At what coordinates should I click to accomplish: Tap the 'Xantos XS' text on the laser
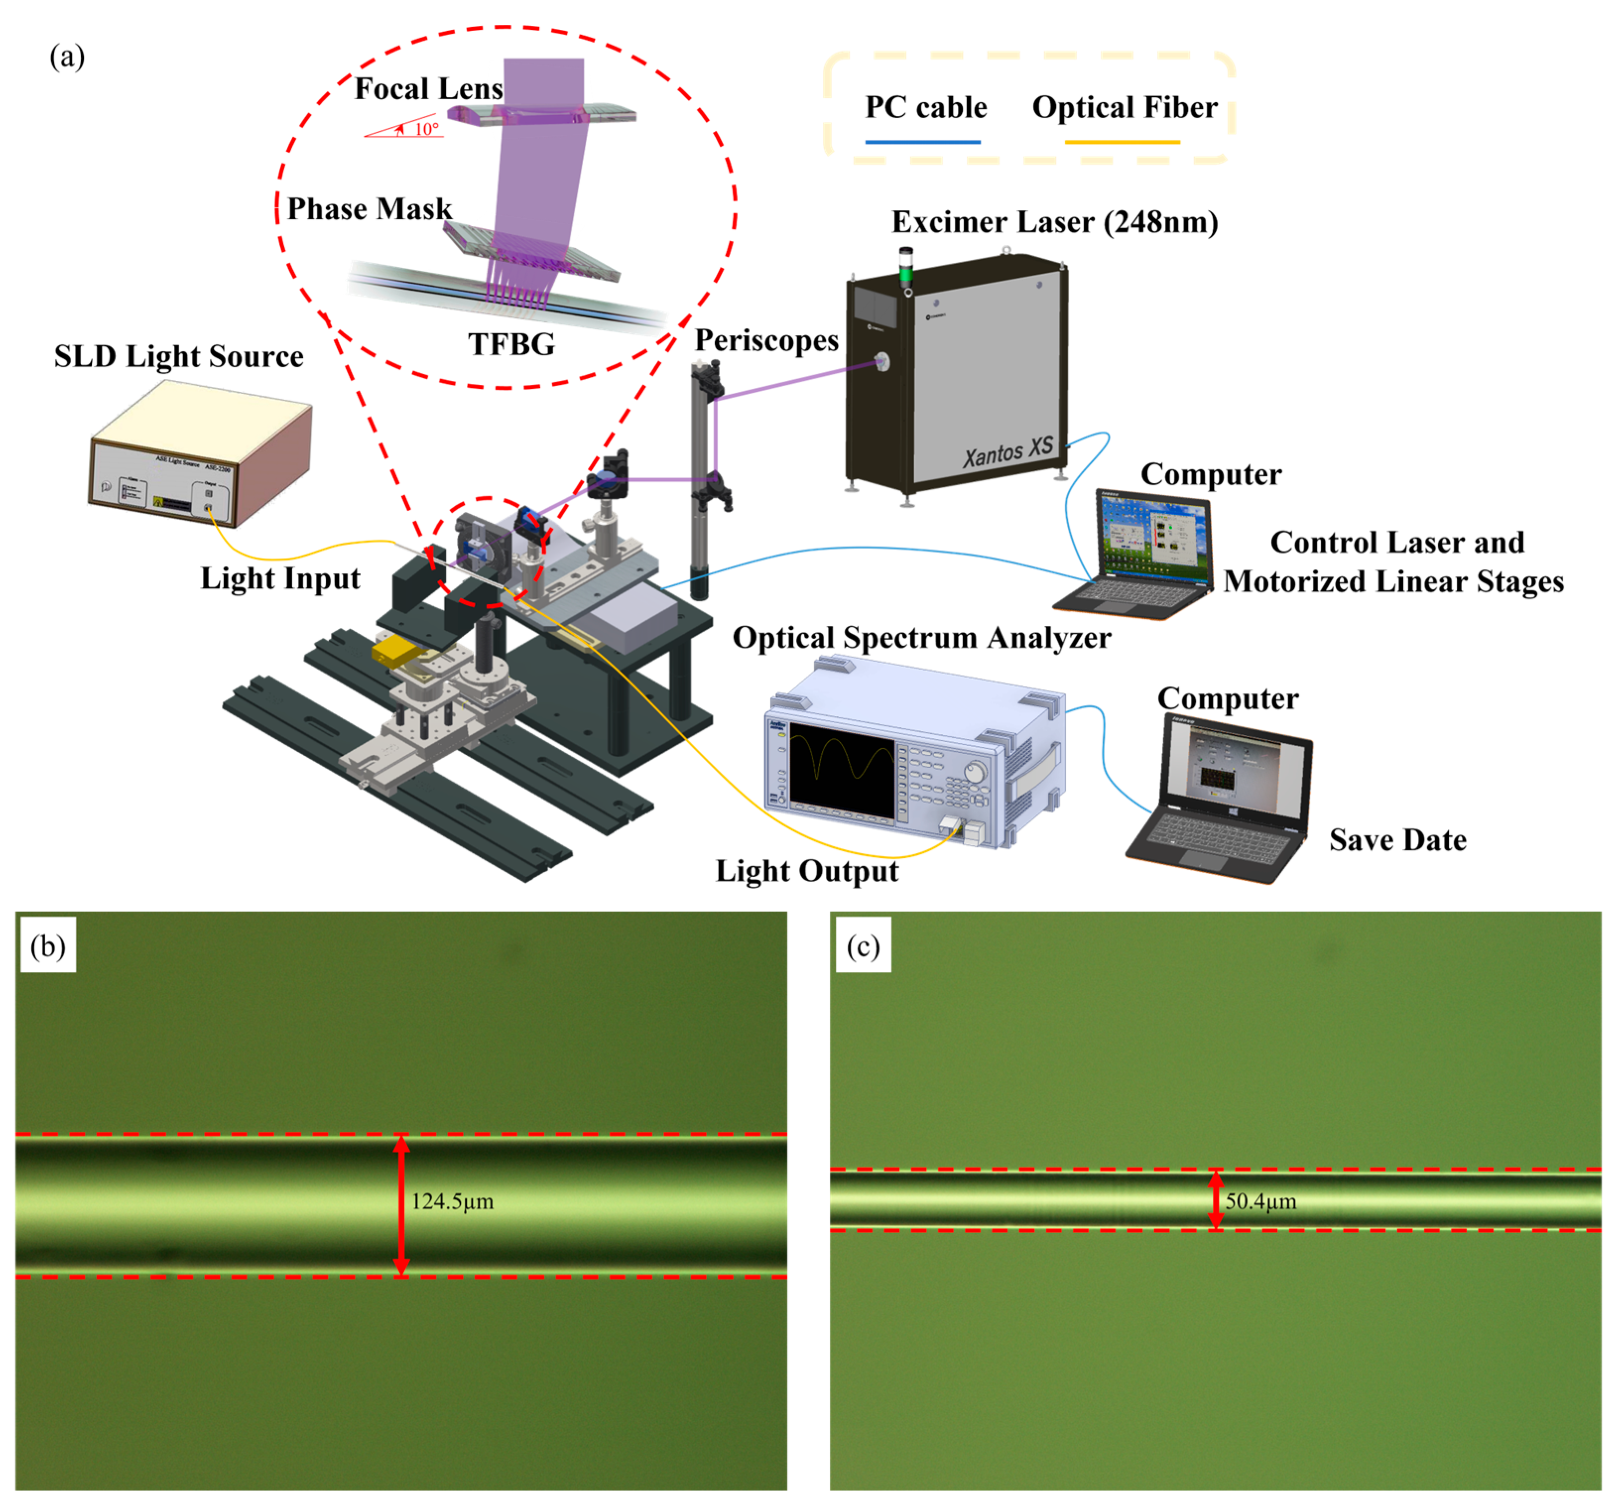(x=1007, y=452)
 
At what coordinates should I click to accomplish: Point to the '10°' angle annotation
(x=427, y=128)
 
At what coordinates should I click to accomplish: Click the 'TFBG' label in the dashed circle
(x=511, y=344)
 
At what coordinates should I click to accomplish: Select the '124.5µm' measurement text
(x=452, y=1201)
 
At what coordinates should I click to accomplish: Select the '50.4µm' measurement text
(x=1261, y=1201)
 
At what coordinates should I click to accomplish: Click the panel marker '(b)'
(x=47, y=946)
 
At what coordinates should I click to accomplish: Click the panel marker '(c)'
(x=863, y=946)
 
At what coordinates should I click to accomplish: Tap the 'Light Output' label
(x=807, y=871)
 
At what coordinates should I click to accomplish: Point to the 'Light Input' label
(x=280, y=578)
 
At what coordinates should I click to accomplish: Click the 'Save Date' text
(x=1397, y=840)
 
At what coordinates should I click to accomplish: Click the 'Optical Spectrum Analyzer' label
(x=921, y=637)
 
